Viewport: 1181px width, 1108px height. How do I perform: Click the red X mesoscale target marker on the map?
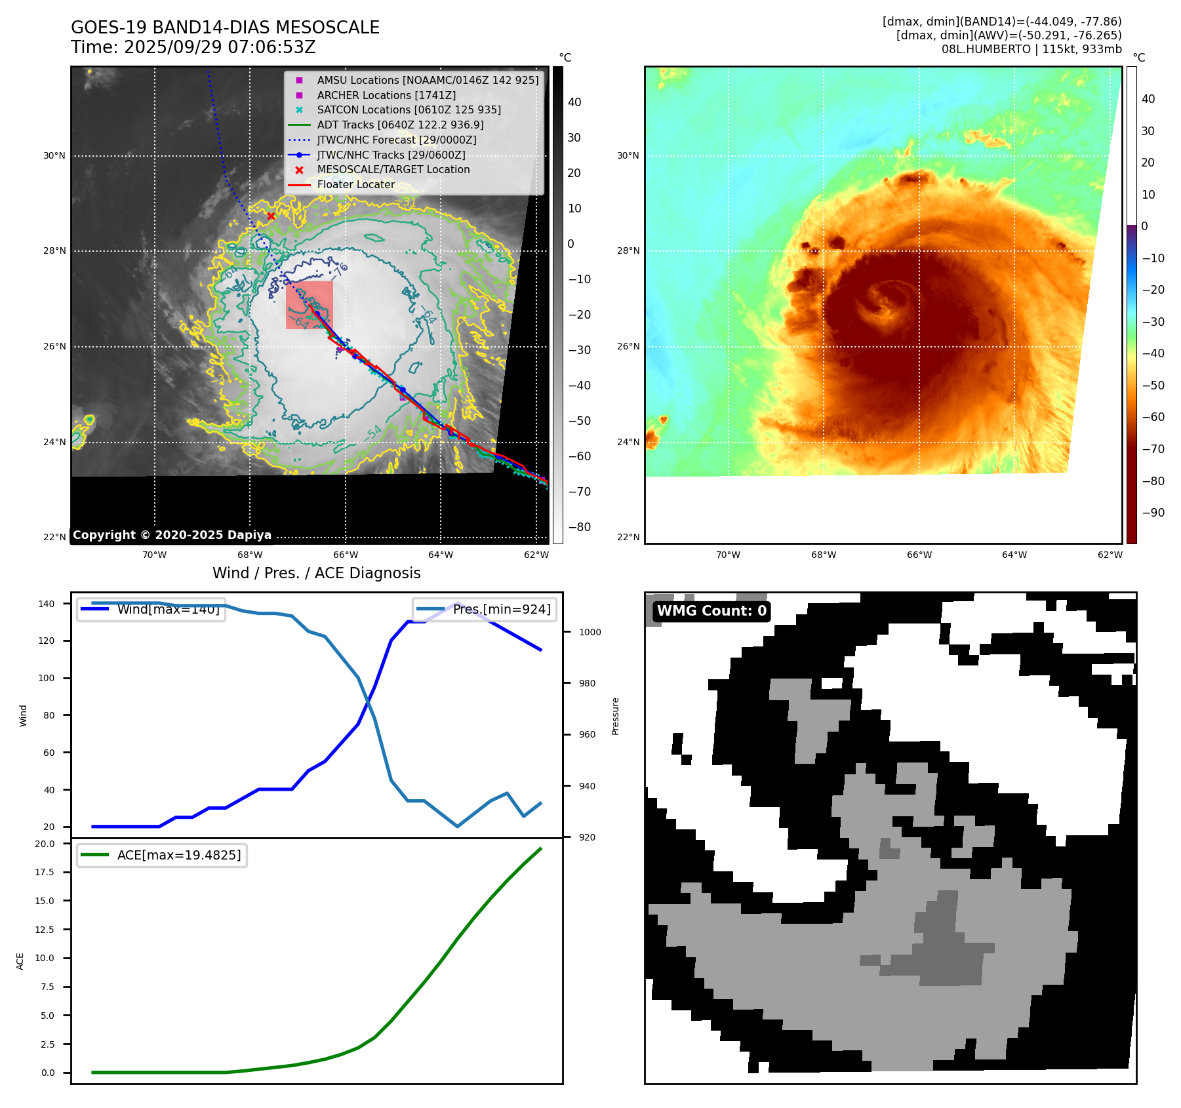point(271,216)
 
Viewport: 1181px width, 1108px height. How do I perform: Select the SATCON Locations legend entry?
point(409,110)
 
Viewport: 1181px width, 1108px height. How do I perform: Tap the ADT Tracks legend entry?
point(400,125)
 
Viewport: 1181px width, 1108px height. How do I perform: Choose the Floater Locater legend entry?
point(355,184)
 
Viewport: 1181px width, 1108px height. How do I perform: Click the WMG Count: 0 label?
point(711,611)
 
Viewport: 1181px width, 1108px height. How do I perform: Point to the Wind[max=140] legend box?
point(151,609)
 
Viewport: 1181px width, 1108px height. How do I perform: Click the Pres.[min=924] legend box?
point(485,609)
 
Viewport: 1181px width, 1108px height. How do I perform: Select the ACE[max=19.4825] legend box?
point(162,855)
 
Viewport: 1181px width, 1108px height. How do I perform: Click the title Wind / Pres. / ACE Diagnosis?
point(316,573)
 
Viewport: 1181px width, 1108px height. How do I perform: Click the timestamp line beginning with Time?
point(193,47)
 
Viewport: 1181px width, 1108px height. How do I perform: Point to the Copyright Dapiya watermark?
point(172,535)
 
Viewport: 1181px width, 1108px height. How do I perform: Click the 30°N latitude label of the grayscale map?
point(54,156)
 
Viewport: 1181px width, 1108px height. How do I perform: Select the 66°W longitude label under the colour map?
point(919,555)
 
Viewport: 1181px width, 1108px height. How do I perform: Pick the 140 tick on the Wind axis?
point(47,604)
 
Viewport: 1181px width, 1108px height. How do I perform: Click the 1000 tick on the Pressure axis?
point(590,632)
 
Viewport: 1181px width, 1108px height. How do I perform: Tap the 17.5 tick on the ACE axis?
point(45,872)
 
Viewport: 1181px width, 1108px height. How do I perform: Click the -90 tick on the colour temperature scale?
point(1153,513)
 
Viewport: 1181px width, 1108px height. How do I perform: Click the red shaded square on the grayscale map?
point(310,305)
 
